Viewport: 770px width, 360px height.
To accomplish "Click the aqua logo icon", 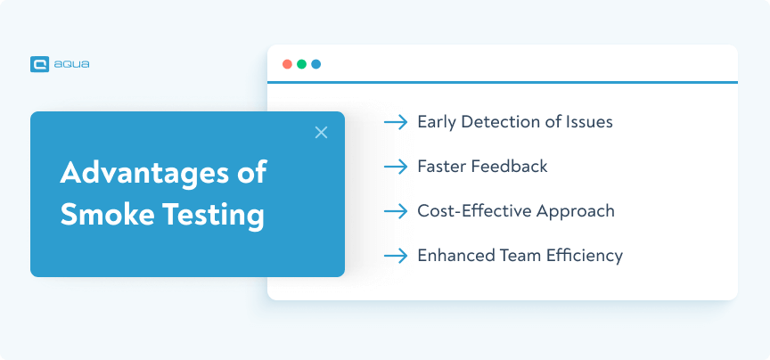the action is click(40, 64).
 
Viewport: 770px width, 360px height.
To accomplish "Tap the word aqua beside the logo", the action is click(71, 64).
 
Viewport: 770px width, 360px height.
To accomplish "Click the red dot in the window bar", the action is click(287, 64).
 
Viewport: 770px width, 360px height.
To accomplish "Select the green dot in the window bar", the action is click(301, 64).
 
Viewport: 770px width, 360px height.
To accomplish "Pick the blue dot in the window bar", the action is click(316, 64).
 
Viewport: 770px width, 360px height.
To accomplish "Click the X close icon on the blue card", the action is click(321, 132).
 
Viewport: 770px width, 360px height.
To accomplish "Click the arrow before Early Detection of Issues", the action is click(396, 122).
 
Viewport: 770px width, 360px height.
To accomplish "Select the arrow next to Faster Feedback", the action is click(396, 167).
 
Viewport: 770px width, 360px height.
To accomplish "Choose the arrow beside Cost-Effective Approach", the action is click(396, 212).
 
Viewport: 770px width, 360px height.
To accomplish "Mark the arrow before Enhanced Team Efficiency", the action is click(396, 256).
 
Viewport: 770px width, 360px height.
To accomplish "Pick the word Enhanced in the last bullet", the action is click(456, 256).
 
